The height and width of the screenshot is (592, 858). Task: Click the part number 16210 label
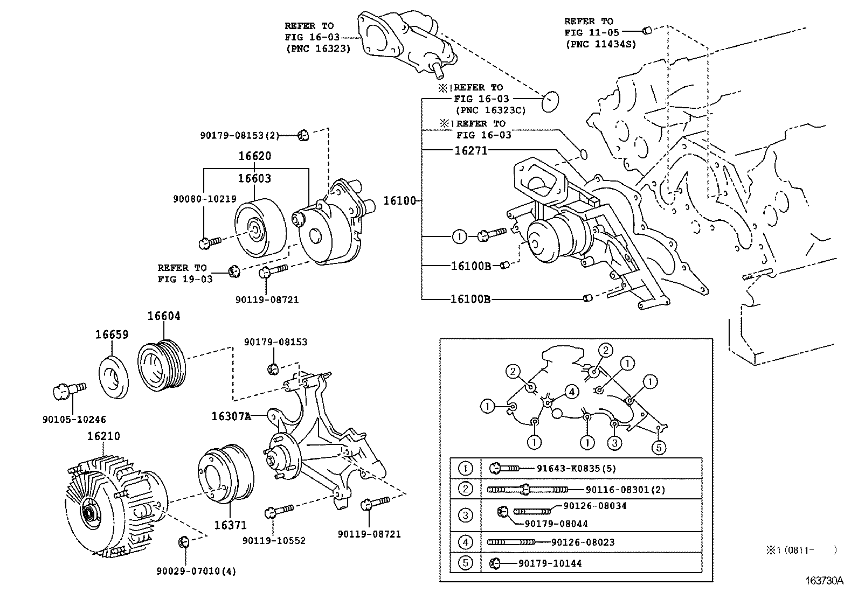103,436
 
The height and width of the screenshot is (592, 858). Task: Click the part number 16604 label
164,316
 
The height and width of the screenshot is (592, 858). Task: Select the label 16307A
231,416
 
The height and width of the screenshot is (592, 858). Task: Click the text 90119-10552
274,540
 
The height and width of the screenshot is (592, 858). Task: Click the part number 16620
255,156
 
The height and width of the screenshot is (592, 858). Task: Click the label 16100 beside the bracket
399,201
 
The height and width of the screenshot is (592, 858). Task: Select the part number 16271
470,151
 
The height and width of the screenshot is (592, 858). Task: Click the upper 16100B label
470,266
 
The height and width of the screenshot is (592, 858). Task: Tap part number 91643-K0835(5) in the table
576,469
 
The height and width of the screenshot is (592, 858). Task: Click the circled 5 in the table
465,563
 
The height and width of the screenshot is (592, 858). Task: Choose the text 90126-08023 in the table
583,542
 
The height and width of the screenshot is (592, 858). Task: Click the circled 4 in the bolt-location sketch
572,391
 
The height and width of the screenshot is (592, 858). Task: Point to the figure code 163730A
824,581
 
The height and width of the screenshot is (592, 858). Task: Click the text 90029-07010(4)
196,571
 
